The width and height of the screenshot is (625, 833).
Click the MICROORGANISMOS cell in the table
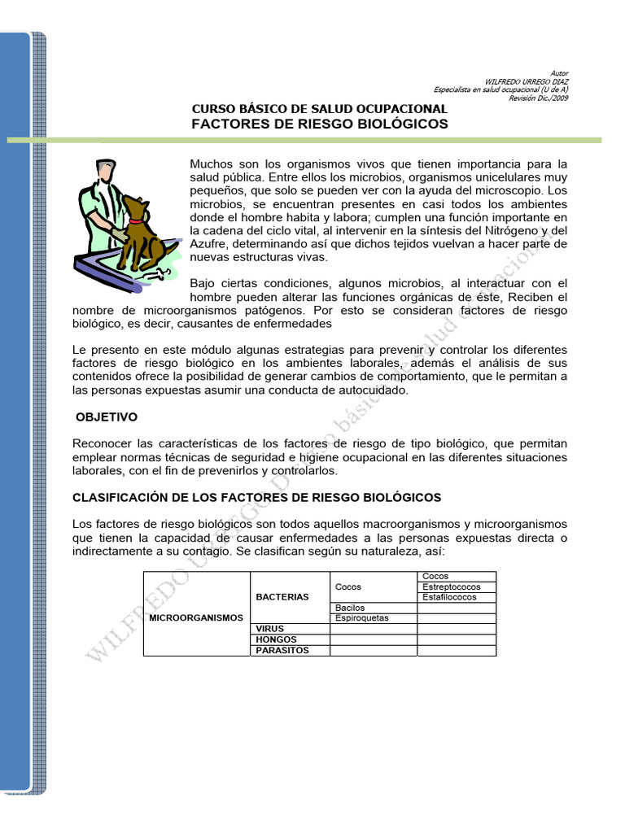(x=196, y=617)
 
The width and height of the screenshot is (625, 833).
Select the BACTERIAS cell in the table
(x=282, y=596)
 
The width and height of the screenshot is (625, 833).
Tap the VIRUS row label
(x=270, y=629)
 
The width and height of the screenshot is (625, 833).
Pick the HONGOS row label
(x=275, y=639)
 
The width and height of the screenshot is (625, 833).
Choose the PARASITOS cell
(x=282, y=650)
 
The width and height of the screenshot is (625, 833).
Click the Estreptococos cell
(x=452, y=587)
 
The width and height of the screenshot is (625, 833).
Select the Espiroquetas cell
(x=362, y=617)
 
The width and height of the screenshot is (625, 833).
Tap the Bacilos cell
(x=350, y=607)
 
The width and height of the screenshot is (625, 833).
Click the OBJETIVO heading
(x=107, y=416)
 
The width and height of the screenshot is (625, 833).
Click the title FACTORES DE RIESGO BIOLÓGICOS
(x=319, y=124)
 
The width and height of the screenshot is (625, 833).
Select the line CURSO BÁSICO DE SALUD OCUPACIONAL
(x=319, y=108)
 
